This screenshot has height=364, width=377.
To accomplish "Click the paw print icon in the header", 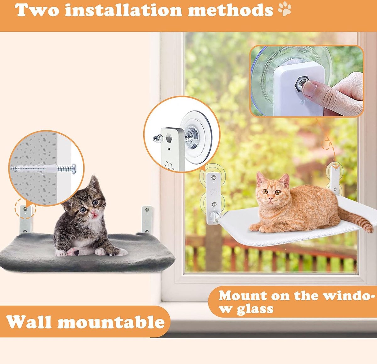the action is [284, 9].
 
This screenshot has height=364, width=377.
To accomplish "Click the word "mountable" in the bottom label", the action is [111, 322].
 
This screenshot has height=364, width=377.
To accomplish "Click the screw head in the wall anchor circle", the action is [74, 169].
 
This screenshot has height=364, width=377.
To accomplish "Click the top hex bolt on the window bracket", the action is [214, 177].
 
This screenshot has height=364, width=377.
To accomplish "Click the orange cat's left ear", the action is [260, 177].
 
